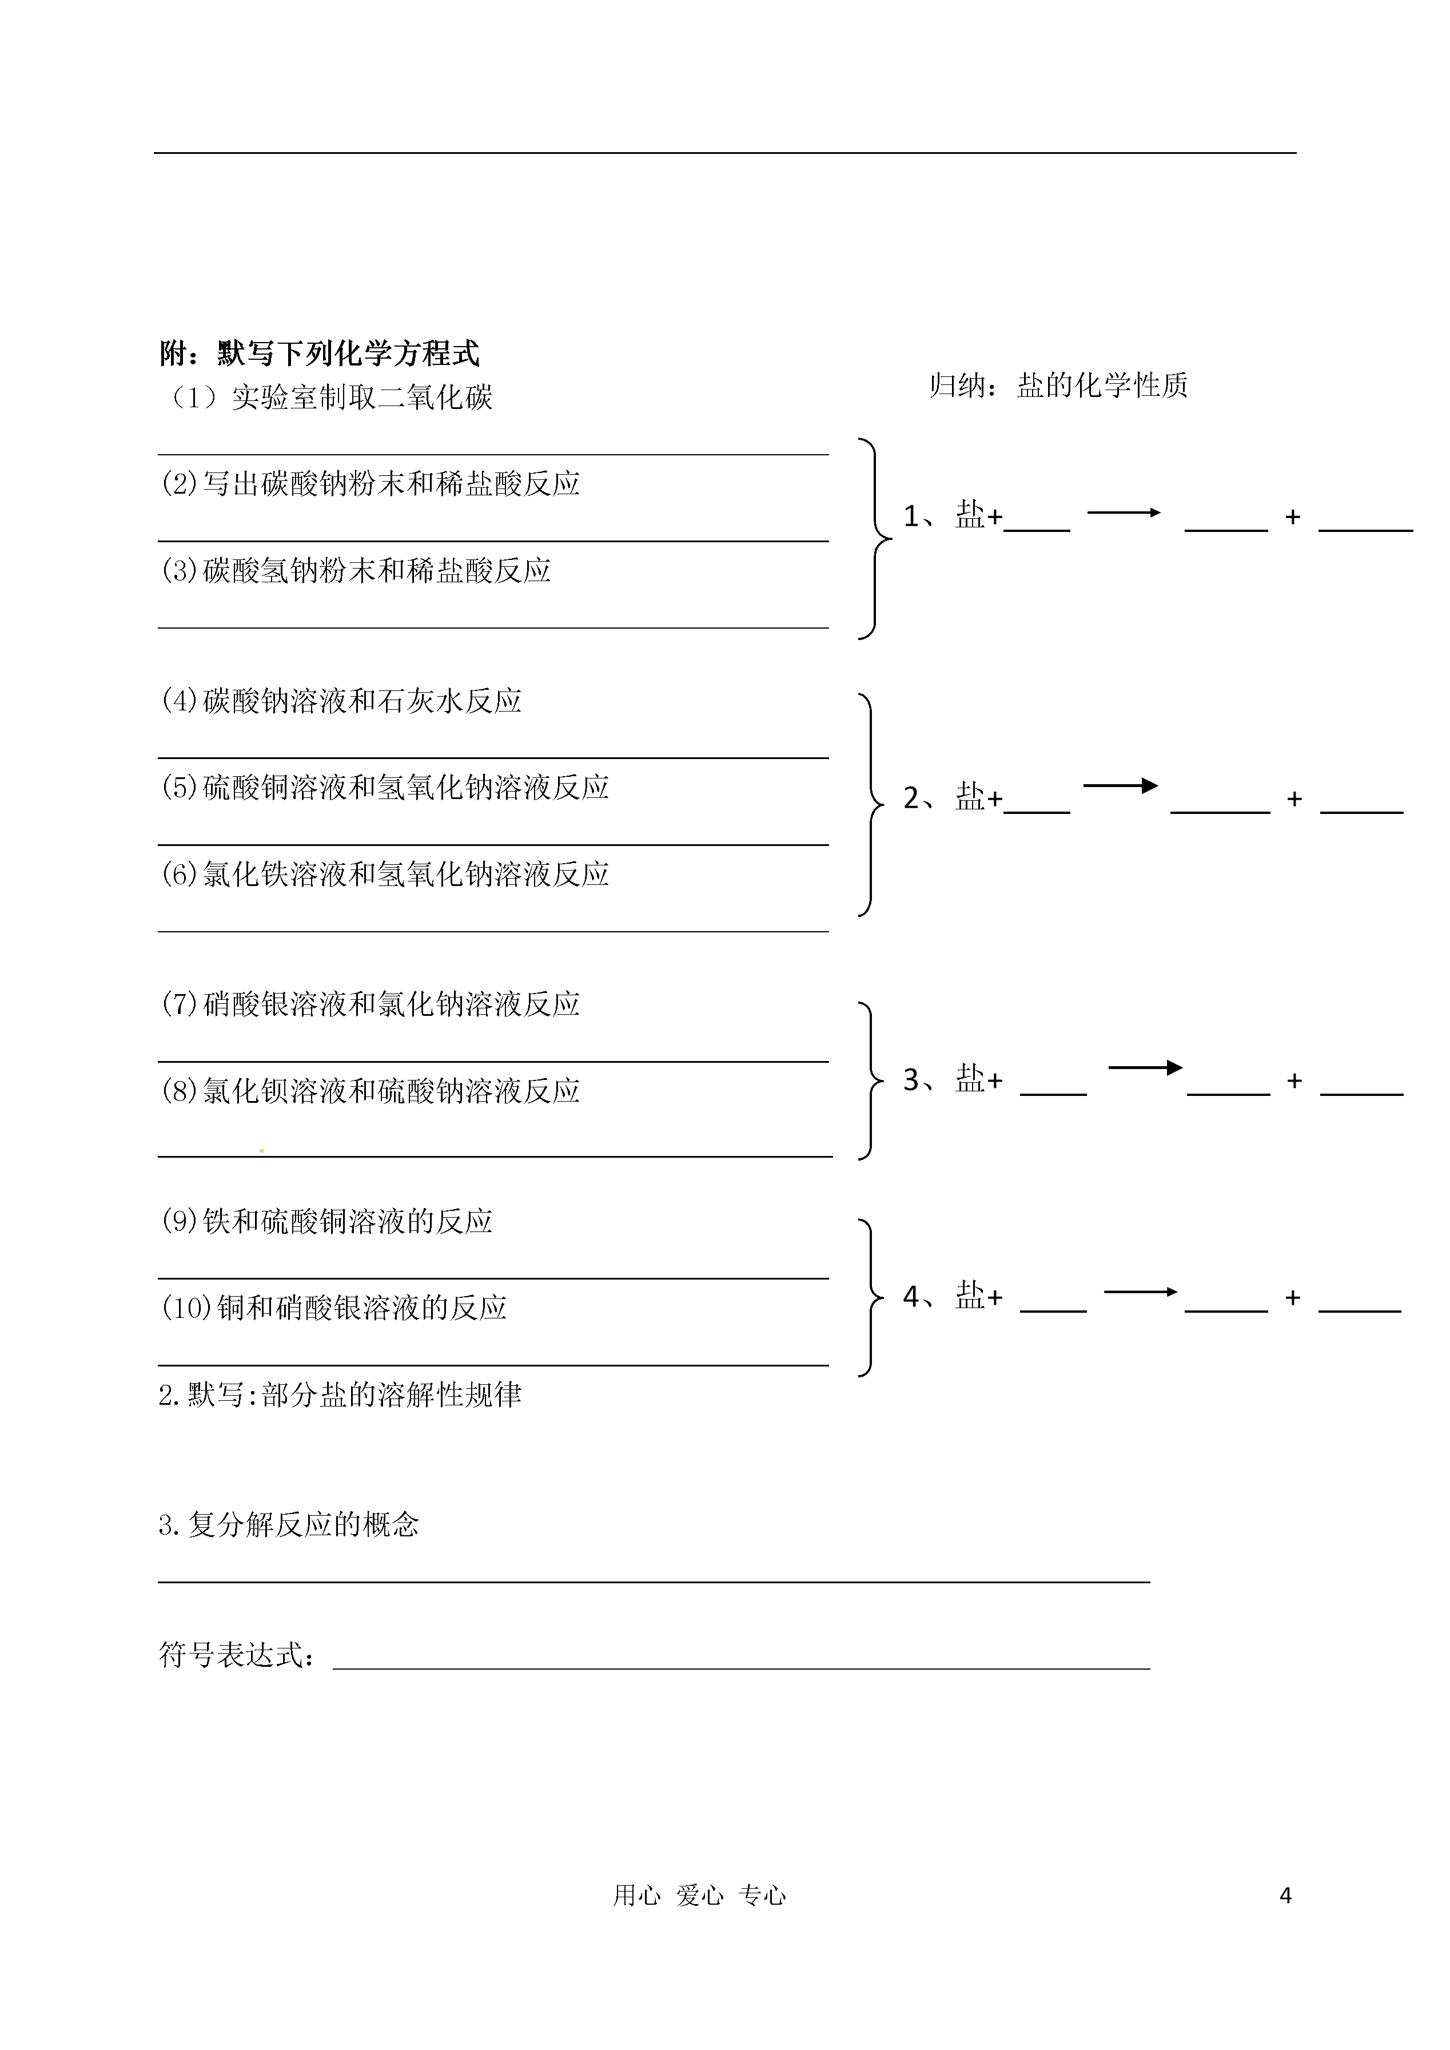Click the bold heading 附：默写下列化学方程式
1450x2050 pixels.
click(x=320, y=353)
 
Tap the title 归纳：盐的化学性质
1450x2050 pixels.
click(x=1058, y=385)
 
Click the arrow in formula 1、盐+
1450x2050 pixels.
click(x=1123, y=512)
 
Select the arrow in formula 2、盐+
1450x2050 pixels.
click(x=1121, y=786)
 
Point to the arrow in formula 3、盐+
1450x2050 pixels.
click(x=1146, y=1067)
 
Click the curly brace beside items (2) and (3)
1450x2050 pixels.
click(x=875, y=539)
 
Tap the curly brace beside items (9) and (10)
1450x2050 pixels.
click(x=871, y=1297)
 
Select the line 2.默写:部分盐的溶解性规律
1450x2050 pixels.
click(x=340, y=1395)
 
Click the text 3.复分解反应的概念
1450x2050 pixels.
click(x=288, y=1524)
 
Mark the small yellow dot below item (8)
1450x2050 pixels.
click(x=262, y=1150)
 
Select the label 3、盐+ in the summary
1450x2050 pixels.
click(x=953, y=1080)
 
